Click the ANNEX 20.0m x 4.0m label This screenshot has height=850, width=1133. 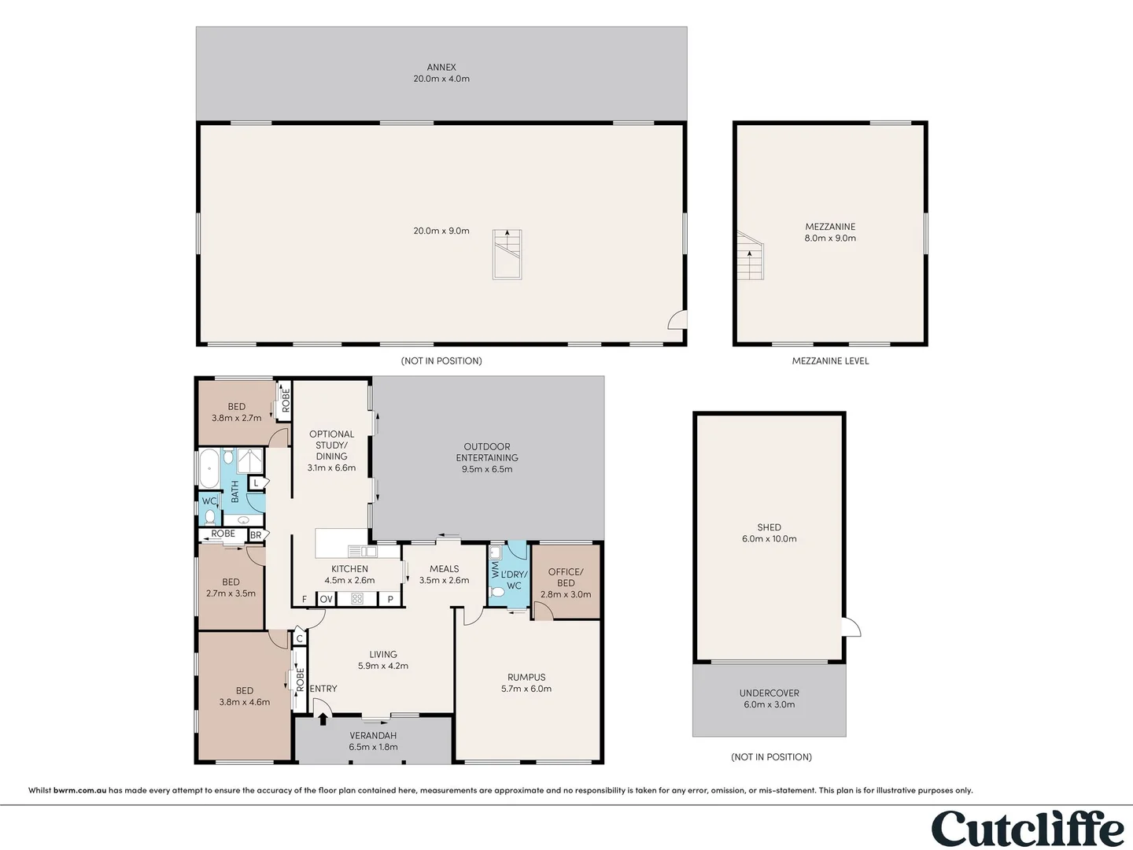441,73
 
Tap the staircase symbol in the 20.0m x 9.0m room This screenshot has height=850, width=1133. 507,254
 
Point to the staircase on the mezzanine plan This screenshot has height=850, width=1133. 750,255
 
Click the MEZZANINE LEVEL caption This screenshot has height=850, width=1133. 830,361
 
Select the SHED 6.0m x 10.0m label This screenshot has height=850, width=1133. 769,534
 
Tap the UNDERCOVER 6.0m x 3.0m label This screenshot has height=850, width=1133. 769,699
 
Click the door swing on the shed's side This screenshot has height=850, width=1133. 852,627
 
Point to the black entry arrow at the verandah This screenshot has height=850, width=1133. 323,719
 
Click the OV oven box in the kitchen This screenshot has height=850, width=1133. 327,599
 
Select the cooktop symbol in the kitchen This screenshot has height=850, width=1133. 357,599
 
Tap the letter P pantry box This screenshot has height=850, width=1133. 390,599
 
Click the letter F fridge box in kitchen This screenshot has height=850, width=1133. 304,599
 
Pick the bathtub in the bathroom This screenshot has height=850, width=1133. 209,469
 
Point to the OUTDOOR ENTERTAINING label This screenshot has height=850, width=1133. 487,457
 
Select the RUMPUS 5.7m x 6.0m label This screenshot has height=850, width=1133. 526,683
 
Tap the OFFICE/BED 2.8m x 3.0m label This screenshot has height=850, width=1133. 566,583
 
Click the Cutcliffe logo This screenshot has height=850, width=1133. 1028,828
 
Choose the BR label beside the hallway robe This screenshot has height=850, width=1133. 256,535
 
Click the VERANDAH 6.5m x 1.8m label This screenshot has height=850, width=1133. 373,741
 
